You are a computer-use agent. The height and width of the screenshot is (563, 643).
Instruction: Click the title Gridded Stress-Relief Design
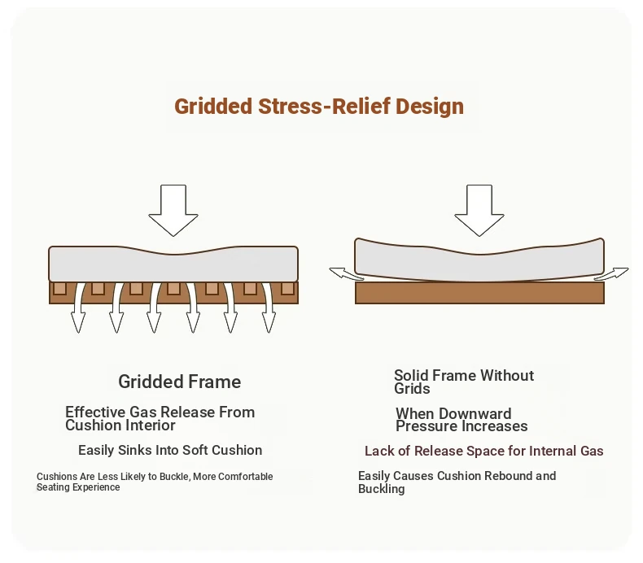319,107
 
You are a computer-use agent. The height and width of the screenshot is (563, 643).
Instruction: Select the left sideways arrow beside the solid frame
347,274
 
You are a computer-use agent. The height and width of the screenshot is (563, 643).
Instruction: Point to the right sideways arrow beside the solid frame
611,273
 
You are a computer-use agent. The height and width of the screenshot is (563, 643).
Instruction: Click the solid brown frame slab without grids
479,293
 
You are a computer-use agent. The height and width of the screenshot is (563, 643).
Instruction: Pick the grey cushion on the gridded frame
173,264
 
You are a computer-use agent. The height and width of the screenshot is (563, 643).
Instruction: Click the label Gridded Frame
180,382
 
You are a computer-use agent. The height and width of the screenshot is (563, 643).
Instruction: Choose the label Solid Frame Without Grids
464,382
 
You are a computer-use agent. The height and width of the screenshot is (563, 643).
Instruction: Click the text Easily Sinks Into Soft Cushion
170,450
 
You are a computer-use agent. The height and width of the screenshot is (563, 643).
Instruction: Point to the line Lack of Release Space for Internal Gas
484,451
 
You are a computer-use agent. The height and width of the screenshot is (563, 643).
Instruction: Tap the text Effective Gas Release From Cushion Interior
160,418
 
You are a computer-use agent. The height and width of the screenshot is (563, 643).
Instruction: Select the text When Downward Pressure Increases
461,420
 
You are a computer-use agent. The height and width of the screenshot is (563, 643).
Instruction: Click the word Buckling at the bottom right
382,489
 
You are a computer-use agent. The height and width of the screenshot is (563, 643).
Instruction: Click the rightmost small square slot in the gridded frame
287,288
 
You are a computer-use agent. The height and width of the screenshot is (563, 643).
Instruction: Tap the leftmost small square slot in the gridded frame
59,288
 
